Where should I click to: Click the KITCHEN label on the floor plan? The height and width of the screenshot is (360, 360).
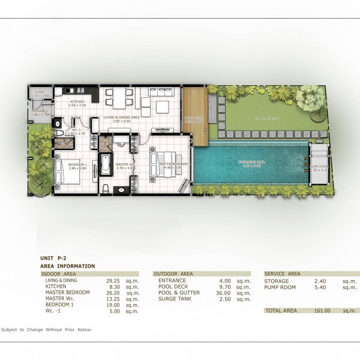tap(77, 102)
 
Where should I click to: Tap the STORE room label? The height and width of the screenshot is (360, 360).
tap(39, 92)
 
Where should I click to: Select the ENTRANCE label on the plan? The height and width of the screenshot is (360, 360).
tap(40, 111)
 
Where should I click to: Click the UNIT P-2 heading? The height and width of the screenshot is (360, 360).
tap(53, 257)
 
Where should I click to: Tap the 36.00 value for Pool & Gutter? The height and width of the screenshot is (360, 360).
tap(225, 293)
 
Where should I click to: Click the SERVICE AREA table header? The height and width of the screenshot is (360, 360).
tap(283, 274)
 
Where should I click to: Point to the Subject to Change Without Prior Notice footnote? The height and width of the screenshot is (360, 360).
tap(47, 330)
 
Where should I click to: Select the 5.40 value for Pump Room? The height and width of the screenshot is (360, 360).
tap(306, 287)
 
